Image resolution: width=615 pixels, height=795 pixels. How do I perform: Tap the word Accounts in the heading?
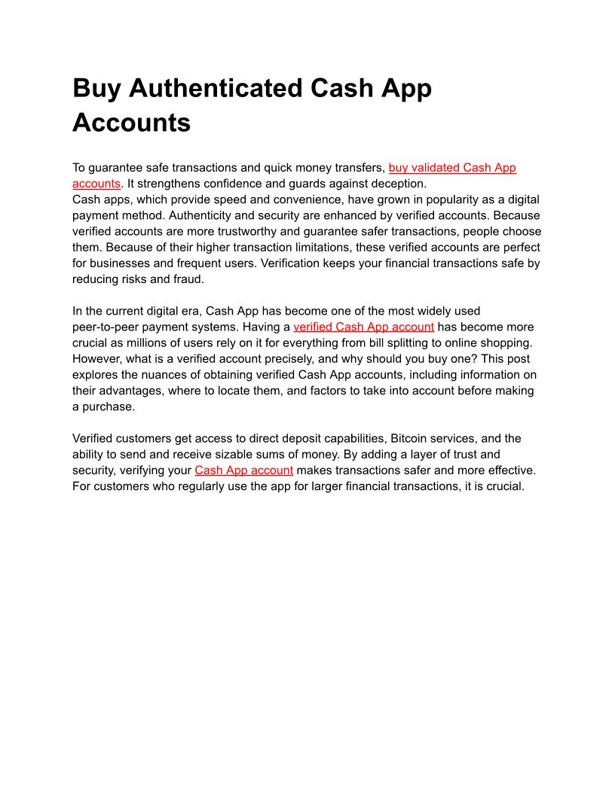(131, 122)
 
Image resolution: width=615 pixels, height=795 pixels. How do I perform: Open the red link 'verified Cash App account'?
(363, 327)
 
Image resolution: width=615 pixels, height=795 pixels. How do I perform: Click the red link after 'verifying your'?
(243, 470)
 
